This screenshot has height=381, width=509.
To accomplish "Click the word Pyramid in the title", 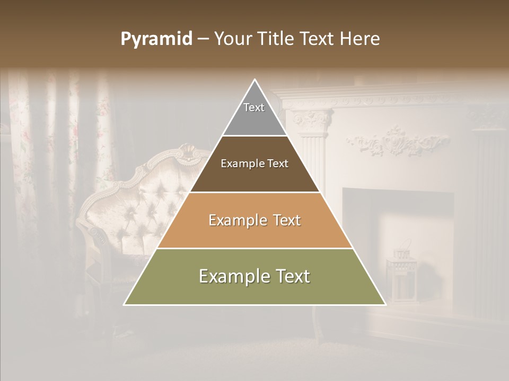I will pos(156,39).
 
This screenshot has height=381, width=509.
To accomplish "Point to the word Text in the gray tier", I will pos(254,107).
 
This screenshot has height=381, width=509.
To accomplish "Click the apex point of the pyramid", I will pos(255,80).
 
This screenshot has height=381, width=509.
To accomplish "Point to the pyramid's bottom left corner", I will pos(124,304).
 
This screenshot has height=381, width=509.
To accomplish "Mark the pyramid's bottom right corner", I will pos(385,304).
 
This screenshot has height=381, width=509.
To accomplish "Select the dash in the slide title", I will pos(203,39).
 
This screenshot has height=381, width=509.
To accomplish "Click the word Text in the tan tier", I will pos(283,220).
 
